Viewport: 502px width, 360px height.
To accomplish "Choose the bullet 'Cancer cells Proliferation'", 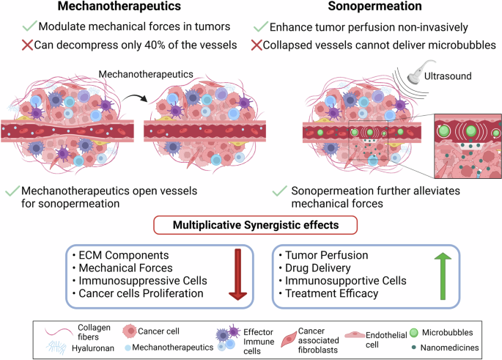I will click(x=136, y=293).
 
